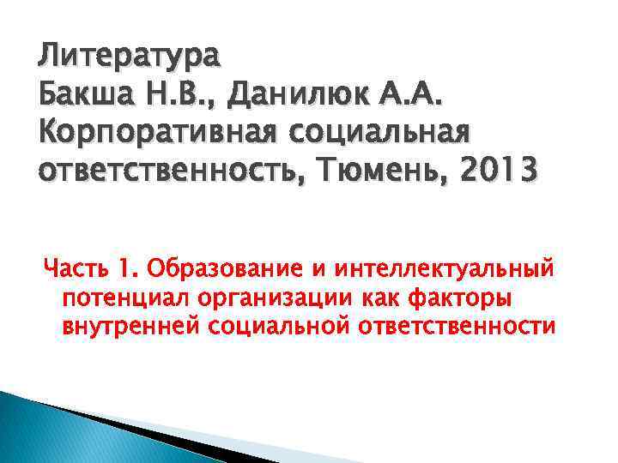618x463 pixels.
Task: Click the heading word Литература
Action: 130,59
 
